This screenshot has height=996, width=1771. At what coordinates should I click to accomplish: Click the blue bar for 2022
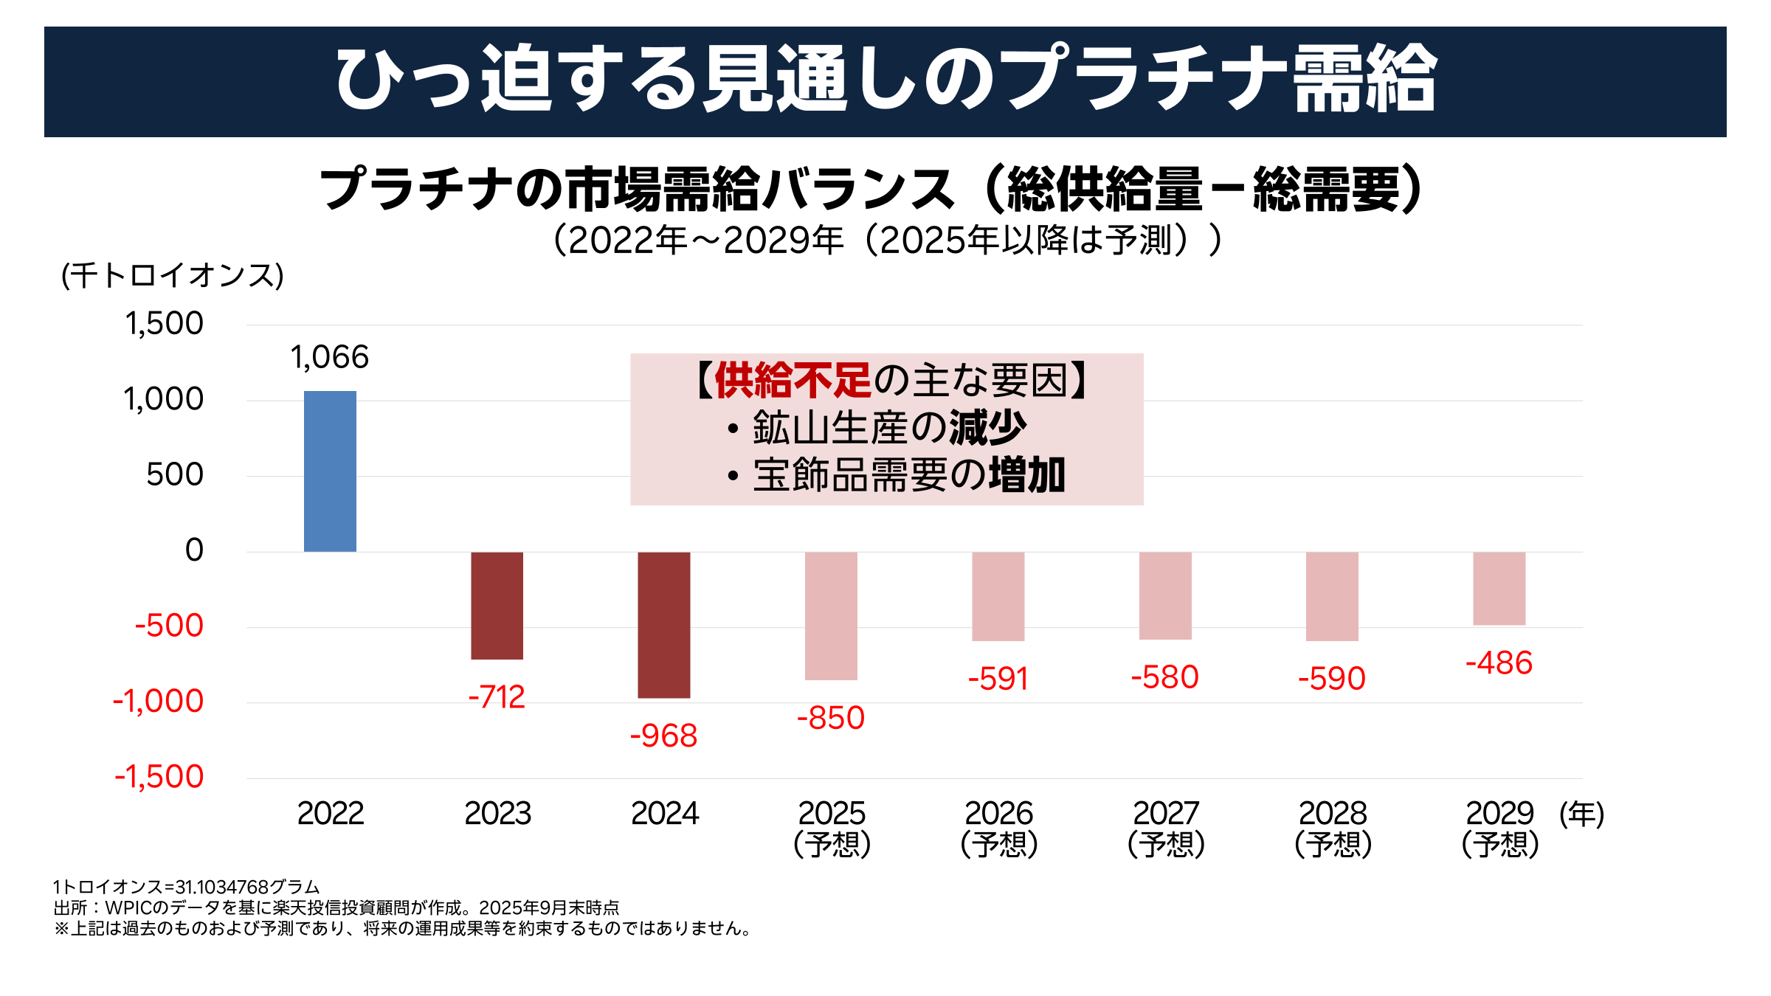coord(330,471)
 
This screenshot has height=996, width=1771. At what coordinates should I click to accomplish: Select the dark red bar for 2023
coord(497,606)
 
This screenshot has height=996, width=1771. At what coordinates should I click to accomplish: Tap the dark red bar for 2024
coord(664,625)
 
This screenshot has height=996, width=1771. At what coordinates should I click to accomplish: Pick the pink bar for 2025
coord(831,616)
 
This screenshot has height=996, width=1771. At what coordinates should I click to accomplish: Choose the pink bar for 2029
coord(1499,589)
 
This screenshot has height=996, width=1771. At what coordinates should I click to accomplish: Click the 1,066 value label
coord(329,358)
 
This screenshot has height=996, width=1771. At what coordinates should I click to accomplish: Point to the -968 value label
coord(663,736)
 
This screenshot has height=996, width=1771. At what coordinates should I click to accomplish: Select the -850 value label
coord(831,719)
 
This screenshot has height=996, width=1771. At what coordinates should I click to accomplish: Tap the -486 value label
coord(1499,663)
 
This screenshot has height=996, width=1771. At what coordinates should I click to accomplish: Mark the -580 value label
coord(1164,677)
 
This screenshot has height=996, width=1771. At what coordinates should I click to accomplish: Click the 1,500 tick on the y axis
coord(164,324)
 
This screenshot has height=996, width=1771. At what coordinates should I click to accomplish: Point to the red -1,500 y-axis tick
coord(159,777)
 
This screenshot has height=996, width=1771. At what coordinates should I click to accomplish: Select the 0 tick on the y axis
coord(194,550)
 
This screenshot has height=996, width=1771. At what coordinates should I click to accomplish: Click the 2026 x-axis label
coord(998,814)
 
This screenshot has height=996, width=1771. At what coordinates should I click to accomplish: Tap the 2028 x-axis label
coord(1333,814)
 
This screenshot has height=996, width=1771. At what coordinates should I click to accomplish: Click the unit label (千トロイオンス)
coord(173,276)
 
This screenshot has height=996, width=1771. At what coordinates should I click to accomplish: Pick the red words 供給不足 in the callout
coord(793,381)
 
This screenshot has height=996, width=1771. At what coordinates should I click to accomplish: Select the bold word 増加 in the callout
coord(1027,475)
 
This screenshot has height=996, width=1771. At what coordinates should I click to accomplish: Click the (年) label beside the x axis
coord(1581,815)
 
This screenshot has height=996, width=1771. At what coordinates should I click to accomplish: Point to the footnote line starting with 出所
coord(336,907)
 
